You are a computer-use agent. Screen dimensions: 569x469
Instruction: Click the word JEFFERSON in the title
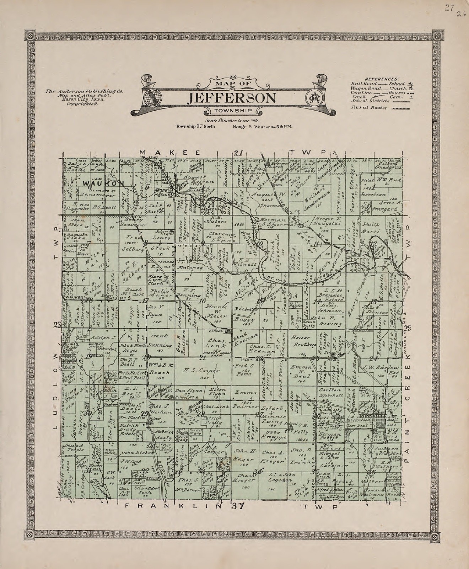point(233,97)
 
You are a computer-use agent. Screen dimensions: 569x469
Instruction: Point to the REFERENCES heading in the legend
point(381,79)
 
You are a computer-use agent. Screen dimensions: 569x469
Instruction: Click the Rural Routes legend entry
point(379,107)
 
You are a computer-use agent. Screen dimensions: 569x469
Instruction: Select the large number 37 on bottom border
point(237,506)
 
